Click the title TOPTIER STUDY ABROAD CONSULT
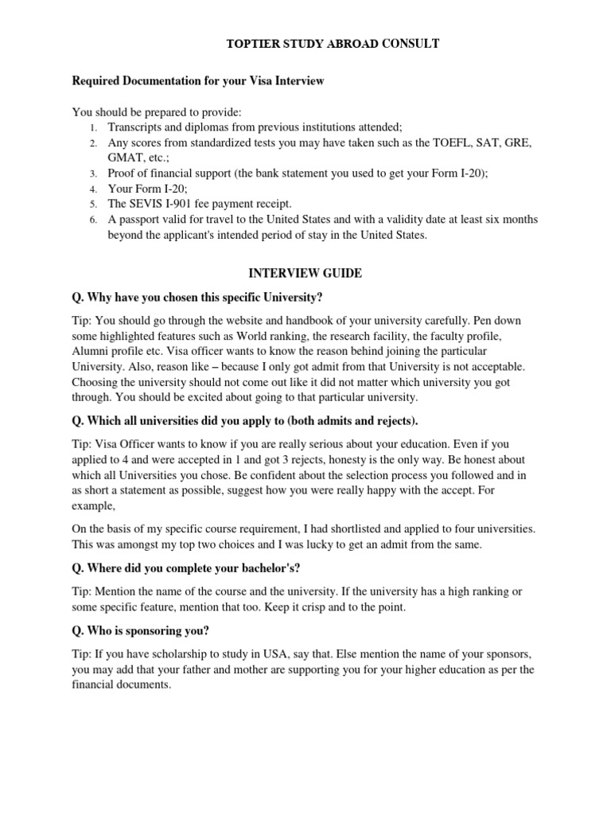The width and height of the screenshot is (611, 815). (x=333, y=44)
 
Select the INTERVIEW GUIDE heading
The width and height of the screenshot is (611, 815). (x=305, y=273)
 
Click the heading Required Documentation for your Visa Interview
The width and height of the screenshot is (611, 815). (x=198, y=81)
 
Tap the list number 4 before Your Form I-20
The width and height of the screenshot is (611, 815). (x=93, y=189)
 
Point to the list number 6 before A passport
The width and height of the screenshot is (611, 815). (x=93, y=220)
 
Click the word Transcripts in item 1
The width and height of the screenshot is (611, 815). (x=135, y=127)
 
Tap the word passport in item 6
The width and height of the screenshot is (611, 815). (x=141, y=219)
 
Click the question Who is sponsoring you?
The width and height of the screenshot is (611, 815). (x=141, y=630)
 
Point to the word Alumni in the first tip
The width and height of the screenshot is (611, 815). (x=91, y=352)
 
